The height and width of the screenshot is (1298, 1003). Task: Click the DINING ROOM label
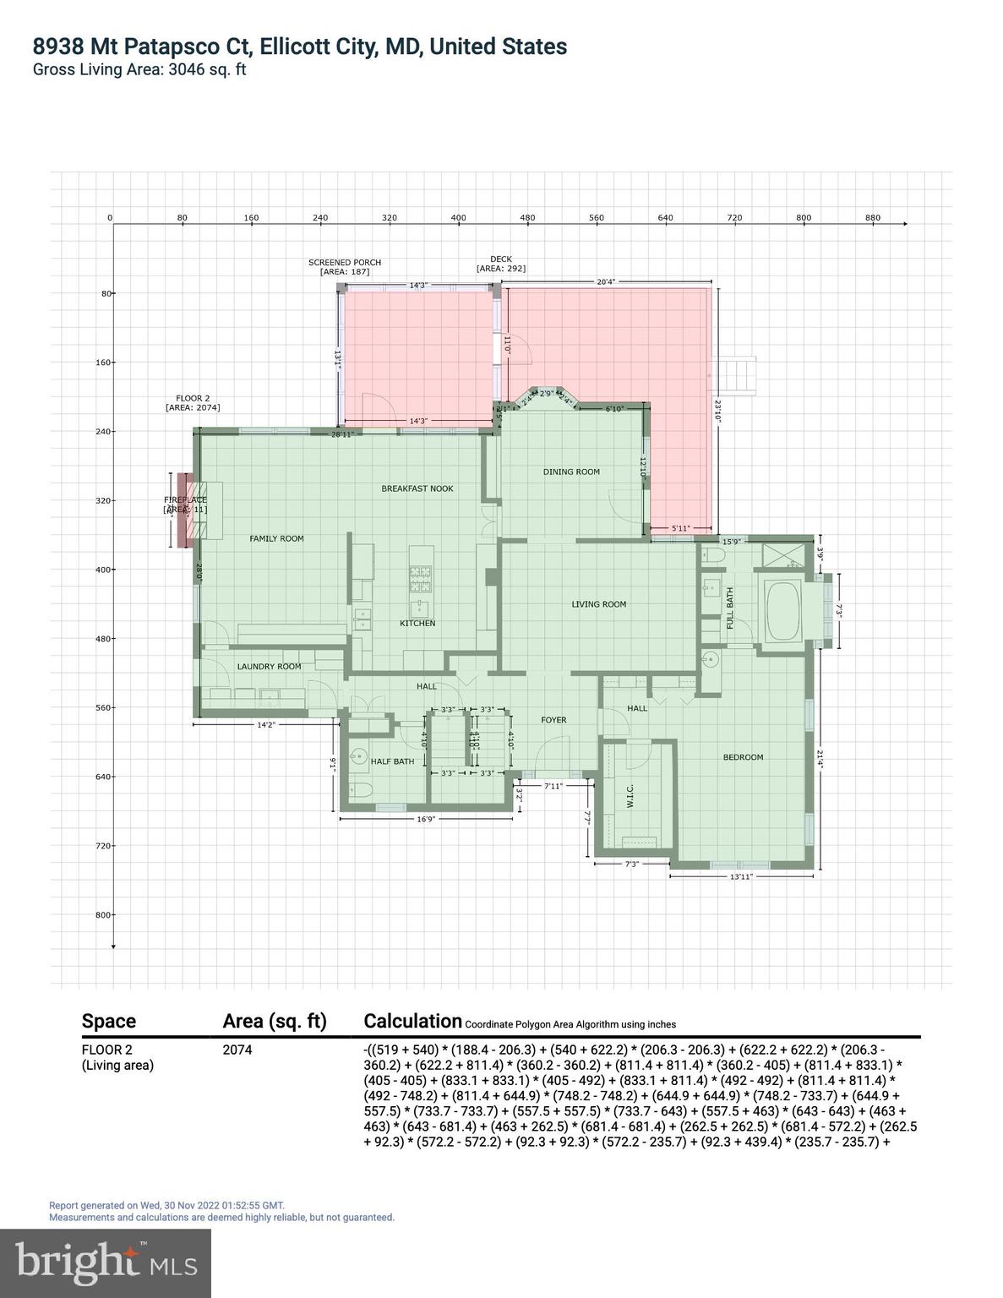571,472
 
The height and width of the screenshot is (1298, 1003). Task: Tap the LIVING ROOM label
598,604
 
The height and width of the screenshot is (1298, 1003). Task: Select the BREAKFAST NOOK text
417,488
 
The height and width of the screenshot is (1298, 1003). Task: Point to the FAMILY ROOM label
276,538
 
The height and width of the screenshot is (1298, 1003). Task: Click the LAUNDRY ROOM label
269,667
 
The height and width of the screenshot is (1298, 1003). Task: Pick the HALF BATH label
393,761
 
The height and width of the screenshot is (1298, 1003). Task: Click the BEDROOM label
743,757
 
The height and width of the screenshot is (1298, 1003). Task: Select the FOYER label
553,720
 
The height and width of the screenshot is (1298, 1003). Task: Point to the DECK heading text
501,259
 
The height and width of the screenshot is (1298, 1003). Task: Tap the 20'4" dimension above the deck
606,281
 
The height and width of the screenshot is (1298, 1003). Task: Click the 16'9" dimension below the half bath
426,819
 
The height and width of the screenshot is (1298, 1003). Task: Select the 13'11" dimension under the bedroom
741,877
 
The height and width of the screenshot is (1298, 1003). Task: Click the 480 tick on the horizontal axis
527,218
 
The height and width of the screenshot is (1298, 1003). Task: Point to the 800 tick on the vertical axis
101,914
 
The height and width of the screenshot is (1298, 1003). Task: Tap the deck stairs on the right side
735,375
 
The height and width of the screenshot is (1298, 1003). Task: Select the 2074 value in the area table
237,1050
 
